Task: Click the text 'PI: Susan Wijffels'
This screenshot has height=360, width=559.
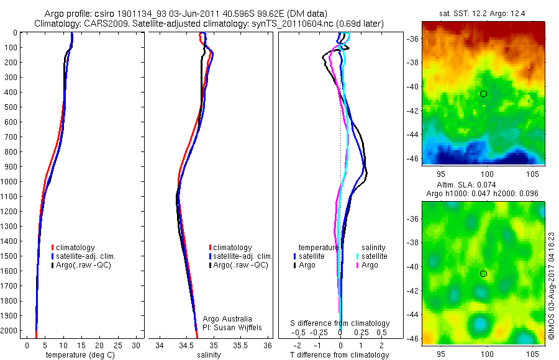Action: [x=231, y=327]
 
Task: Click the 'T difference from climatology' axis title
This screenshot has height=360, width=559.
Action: [x=340, y=355]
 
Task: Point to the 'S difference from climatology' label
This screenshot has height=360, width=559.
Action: [x=340, y=323]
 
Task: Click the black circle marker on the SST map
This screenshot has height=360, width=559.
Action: [x=483, y=94]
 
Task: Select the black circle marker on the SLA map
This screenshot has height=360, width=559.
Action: [x=483, y=274]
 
